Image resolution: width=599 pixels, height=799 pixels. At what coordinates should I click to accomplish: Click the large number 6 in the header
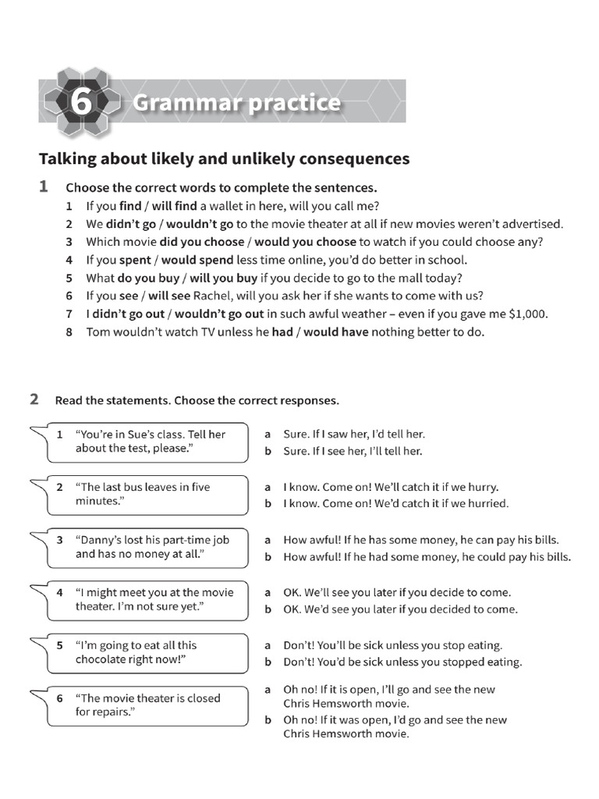coord(82,102)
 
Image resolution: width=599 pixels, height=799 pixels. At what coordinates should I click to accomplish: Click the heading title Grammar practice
coord(236,102)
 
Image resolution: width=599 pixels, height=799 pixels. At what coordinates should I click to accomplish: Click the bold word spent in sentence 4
coord(135,260)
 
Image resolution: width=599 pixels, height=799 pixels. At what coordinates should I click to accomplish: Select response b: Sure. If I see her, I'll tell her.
coord(353,451)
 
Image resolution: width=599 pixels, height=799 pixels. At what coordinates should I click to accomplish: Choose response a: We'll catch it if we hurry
coord(390,487)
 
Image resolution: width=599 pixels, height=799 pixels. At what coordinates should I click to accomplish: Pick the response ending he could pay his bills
coord(427,557)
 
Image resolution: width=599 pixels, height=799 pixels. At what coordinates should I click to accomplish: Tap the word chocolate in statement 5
coord(105,660)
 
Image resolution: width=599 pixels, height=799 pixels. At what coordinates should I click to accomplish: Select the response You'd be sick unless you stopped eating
coord(402,662)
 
